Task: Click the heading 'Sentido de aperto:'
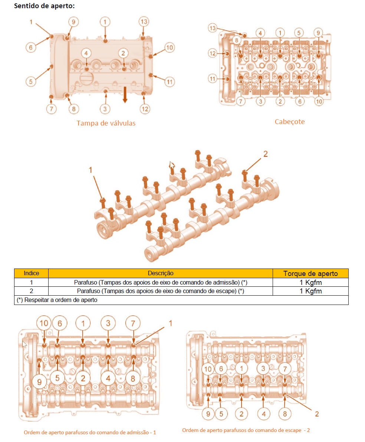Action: [44, 6]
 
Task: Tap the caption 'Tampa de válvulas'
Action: [106, 123]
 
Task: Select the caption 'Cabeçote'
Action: [290, 122]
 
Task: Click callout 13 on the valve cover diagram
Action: [144, 22]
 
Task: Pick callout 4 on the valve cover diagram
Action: [86, 53]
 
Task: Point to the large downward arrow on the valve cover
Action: [125, 95]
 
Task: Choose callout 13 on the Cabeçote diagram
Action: [213, 28]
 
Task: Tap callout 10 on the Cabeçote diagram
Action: [319, 101]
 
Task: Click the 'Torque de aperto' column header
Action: [310, 273]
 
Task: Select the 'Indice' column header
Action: [31, 273]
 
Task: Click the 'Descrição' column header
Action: [160, 273]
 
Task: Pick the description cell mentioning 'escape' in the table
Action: [160, 291]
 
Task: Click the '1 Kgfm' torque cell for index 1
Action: [310, 282]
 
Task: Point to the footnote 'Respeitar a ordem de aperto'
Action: [60, 300]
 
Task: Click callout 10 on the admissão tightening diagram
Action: [44, 323]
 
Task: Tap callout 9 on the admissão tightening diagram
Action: [39, 382]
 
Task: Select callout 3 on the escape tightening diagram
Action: [263, 368]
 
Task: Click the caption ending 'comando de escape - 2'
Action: [246, 430]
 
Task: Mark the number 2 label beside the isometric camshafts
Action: [265, 154]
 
